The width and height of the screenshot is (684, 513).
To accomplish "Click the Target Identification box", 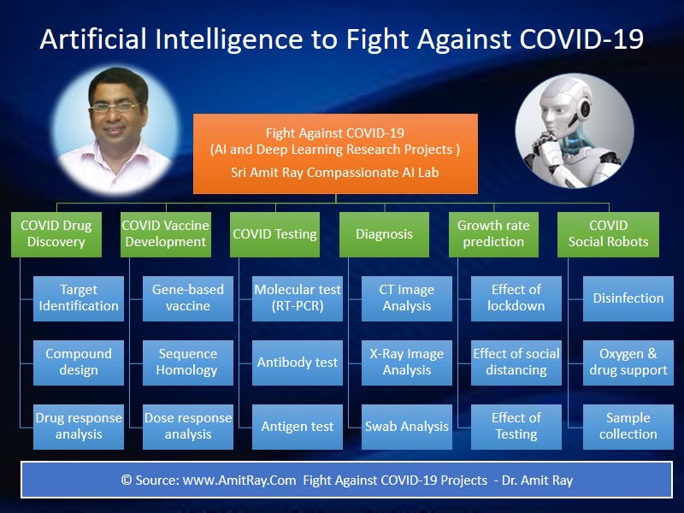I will pyautogui.click(x=78, y=298).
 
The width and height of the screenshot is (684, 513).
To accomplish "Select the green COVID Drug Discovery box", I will pyautogui.click(x=56, y=233).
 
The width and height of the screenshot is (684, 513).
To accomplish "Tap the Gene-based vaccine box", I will pyautogui.click(x=187, y=298).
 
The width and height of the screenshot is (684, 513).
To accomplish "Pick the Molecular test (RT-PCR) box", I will pyautogui.click(x=297, y=298).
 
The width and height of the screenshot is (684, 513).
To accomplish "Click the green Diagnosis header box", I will pyautogui.click(x=384, y=233).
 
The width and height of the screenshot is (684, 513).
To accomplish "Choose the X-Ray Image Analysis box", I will pyautogui.click(x=406, y=362).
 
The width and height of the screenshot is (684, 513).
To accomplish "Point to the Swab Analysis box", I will pyautogui.click(x=406, y=426).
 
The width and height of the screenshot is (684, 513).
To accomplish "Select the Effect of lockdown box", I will pyautogui.click(x=516, y=298).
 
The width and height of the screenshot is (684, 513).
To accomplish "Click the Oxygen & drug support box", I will pyautogui.click(x=628, y=362).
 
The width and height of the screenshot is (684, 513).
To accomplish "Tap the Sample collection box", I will pyautogui.click(x=628, y=426).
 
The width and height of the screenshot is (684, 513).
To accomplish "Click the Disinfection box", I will pyautogui.click(x=628, y=298).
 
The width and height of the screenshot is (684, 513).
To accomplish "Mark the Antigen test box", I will pyautogui.click(x=297, y=426).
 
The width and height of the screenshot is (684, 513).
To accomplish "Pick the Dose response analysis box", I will pyautogui.click(x=187, y=426).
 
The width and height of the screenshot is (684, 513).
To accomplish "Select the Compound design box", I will pyautogui.click(x=78, y=362).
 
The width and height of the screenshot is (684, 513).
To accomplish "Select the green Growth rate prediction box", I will pyautogui.click(x=493, y=233).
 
